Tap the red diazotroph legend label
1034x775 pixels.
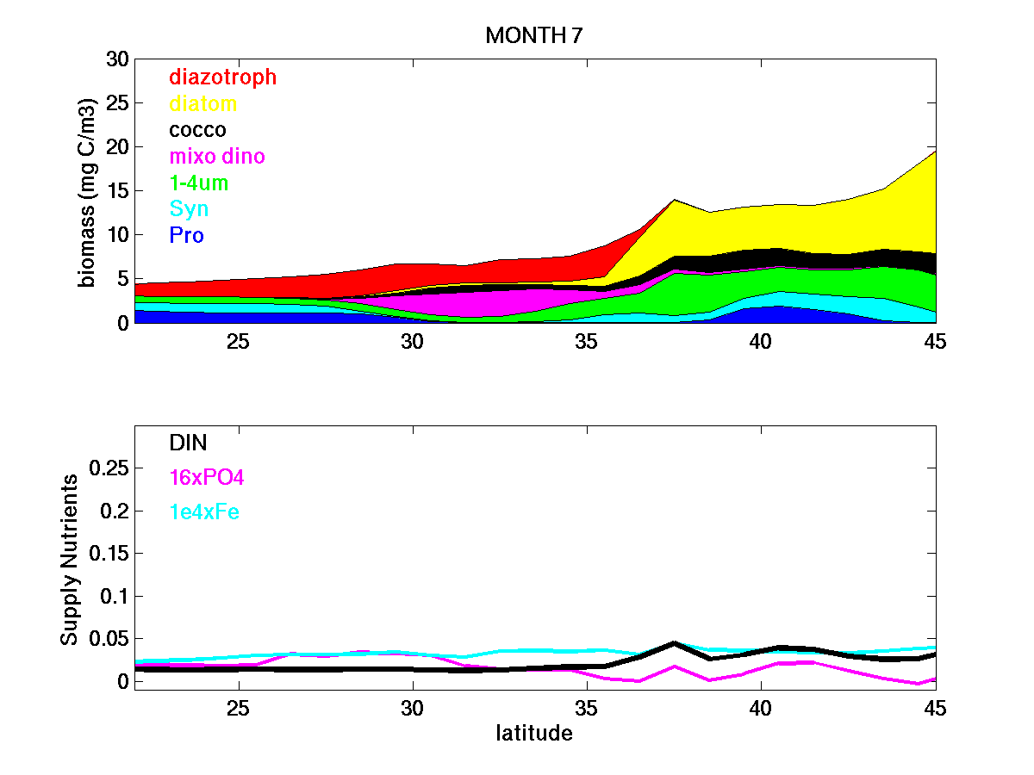[223, 77]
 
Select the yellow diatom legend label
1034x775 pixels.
[202, 104]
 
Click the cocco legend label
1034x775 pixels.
[197, 130]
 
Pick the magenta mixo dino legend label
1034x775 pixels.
[217, 157]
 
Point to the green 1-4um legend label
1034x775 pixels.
[199, 183]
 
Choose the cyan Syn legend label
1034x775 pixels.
[189, 209]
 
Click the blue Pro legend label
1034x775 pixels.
[186, 235]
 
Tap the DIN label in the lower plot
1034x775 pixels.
[188, 442]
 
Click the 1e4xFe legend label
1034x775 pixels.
[204, 512]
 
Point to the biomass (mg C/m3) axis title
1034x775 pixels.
[87, 191]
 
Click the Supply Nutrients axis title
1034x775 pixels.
[70, 559]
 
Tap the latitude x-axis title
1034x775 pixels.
[534, 734]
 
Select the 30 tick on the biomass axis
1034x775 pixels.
[116, 59]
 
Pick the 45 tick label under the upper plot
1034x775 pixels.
[934, 341]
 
